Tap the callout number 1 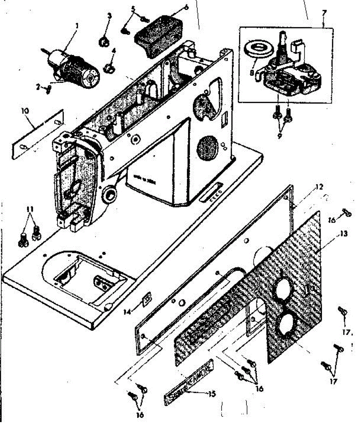click(77, 25)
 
